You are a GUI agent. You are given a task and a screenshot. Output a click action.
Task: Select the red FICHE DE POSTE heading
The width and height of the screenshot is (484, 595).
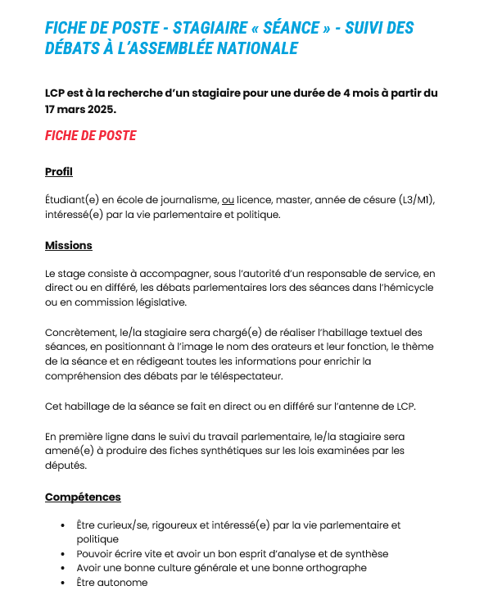(90, 135)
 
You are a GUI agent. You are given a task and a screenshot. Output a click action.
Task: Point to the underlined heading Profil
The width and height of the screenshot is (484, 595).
(58, 171)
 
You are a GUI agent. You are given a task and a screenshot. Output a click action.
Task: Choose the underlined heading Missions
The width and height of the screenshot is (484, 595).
(68, 245)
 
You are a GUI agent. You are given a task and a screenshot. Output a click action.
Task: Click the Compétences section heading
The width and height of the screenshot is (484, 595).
(83, 497)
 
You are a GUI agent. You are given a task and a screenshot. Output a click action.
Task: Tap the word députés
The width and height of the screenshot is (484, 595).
(66, 465)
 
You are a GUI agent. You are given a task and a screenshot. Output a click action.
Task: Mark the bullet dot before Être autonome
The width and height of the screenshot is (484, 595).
(63, 583)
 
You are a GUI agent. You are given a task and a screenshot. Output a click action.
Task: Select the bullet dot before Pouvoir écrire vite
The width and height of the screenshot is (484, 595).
(63, 554)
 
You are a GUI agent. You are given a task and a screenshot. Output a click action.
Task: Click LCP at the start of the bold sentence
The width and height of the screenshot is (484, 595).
(56, 93)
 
